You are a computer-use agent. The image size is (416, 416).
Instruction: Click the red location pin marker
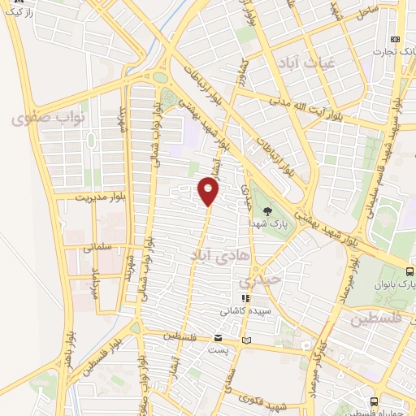click(210, 192)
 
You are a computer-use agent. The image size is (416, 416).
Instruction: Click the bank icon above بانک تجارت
click(395, 39)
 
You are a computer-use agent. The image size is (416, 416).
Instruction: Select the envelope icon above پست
click(218, 337)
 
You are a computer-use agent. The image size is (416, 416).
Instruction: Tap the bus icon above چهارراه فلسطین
click(373, 401)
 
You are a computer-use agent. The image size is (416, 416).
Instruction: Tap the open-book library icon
click(248, 338)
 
